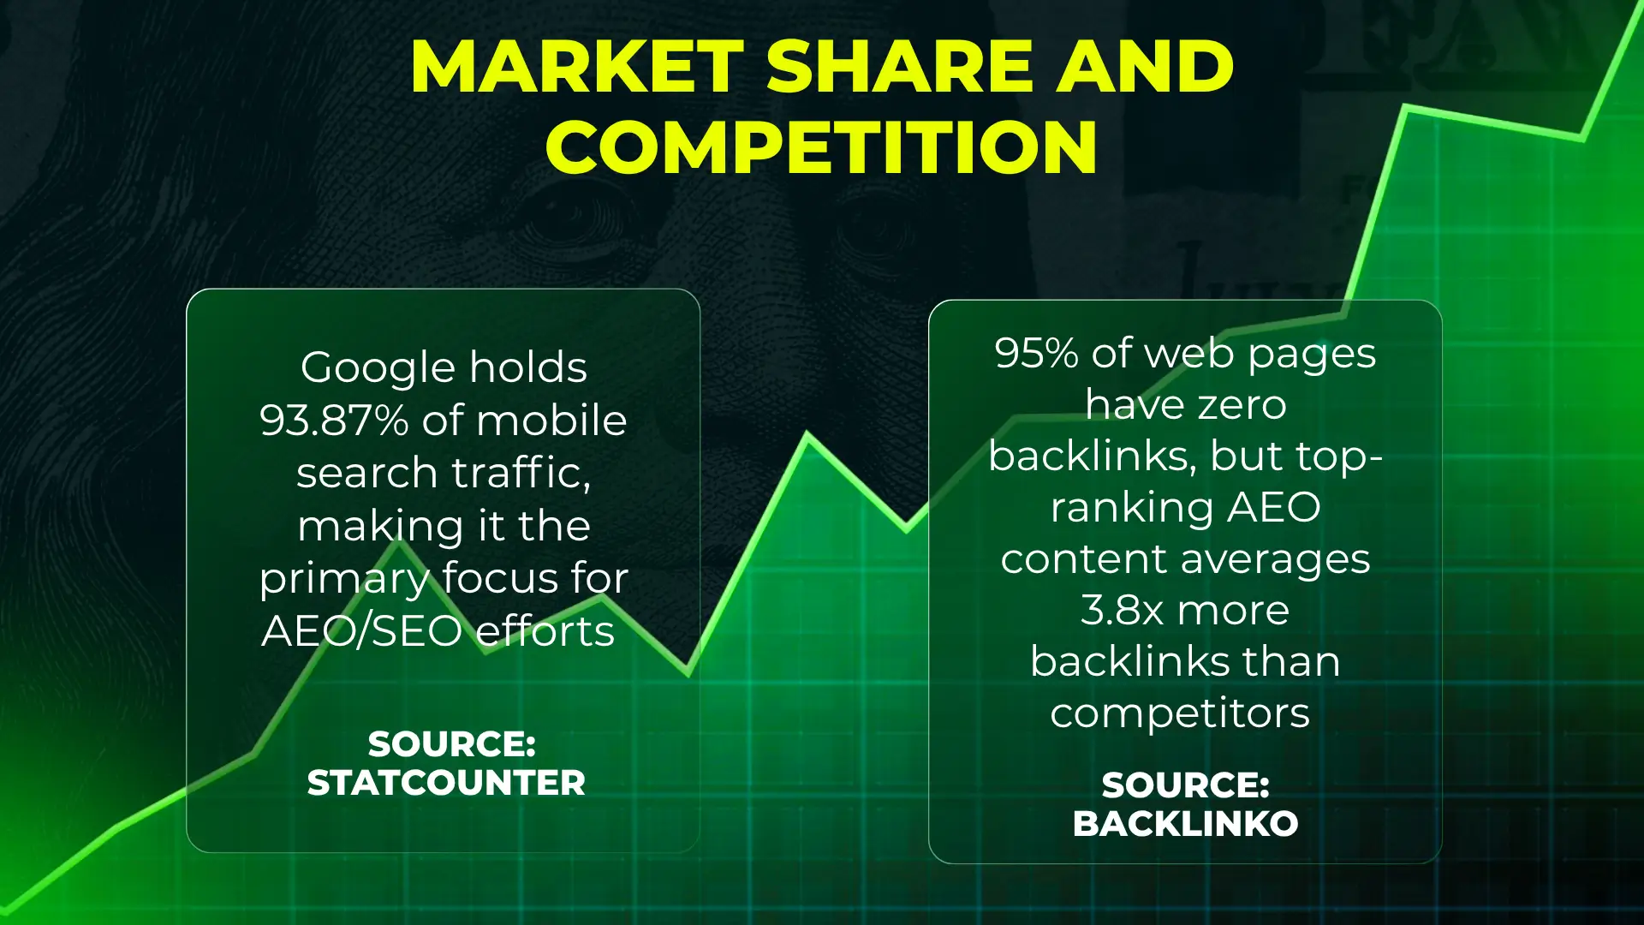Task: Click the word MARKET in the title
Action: pos(577,67)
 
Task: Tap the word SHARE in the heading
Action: pos(899,67)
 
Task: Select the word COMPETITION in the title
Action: pos(822,147)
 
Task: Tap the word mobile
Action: pos(551,421)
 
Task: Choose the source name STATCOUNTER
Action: pos(446,783)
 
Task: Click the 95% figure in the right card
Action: pos(1036,353)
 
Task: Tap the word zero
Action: pos(1242,405)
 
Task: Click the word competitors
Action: pos(1180,713)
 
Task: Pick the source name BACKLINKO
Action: pos(1185,824)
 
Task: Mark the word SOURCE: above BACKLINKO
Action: pos(1185,785)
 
